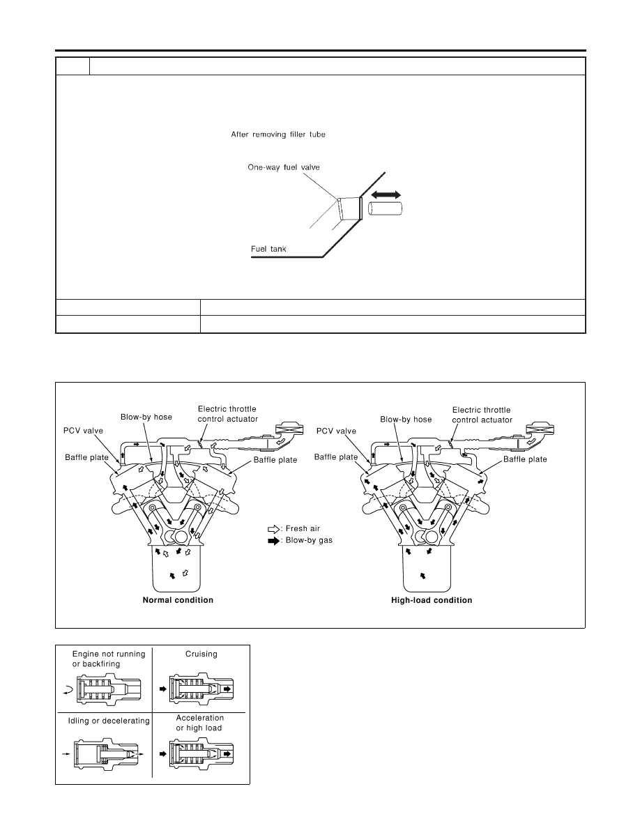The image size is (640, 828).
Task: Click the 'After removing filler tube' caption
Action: [277, 135]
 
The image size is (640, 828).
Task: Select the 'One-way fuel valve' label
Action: [284, 167]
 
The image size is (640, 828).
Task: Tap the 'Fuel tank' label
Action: [268, 249]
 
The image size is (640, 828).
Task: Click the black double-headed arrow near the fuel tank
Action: [386, 194]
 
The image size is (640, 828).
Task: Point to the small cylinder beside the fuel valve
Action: [385, 208]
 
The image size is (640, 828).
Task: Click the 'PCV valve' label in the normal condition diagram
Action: [84, 431]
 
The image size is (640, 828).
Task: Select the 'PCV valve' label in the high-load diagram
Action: [336, 431]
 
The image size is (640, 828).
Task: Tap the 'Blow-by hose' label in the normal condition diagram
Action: [146, 417]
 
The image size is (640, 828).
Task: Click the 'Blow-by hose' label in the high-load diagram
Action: [406, 420]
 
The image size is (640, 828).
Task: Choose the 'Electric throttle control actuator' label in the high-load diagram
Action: [482, 415]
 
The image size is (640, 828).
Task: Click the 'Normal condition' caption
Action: [178, 600]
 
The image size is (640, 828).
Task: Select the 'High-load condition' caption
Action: [432, 600]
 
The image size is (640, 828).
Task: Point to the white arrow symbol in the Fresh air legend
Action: [274, 529]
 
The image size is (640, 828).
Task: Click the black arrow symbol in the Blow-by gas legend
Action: [274, 541]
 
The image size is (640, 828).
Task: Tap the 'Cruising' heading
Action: [201, 654]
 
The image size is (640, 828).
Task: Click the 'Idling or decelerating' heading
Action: [109, 721]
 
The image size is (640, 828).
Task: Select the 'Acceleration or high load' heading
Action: [199, 723]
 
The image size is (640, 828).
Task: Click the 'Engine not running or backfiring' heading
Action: [109, 659]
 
